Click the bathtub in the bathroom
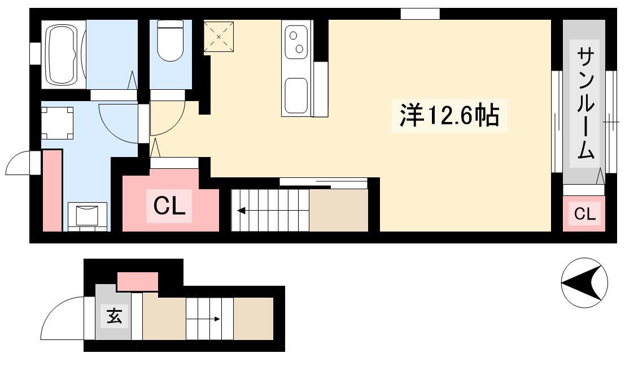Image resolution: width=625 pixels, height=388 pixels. point(63,55)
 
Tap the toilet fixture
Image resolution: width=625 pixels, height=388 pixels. point(170,40)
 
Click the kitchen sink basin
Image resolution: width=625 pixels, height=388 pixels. point(296,95)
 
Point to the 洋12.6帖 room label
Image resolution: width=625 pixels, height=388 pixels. point(449,115)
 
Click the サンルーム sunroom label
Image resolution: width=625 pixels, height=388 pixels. point(585,103)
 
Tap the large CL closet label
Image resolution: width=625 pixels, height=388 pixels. point(169,206)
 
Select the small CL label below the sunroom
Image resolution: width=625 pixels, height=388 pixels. point(585,213)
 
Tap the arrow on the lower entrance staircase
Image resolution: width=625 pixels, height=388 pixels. point(204,319)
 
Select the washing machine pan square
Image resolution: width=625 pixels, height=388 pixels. point(58,123)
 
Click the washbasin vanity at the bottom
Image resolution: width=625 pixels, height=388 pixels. point(88,216)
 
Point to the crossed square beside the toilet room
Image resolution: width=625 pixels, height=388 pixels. point(218,37)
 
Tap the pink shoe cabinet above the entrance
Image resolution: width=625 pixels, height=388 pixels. point(138,282)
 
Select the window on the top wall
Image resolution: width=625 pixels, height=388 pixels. point(420,14)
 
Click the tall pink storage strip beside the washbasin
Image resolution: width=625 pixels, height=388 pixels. point(52,190)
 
